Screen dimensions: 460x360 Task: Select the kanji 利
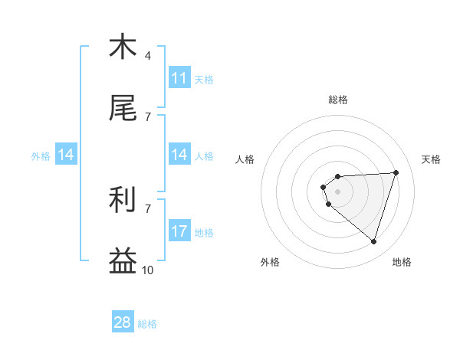(123, 200)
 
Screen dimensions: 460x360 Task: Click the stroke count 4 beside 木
(147, 55)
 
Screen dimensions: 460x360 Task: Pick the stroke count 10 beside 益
(147, 270)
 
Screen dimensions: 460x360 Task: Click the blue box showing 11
(179, 77)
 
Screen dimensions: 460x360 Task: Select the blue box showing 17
(179, 231)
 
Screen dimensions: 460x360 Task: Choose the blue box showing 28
(123, 322)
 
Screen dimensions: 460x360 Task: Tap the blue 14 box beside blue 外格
(66, 155)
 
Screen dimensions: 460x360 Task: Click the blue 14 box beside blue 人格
(179, 155)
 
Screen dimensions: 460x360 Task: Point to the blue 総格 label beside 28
(147, 324)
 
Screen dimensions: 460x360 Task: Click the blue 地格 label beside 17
(204, 232)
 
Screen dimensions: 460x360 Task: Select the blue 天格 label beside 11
(204, 79)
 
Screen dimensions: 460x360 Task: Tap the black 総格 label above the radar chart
(338, 100)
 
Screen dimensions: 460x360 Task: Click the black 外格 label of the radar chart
(270, 262)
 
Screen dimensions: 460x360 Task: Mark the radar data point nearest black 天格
(396, 172)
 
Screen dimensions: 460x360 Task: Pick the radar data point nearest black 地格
(373, 242)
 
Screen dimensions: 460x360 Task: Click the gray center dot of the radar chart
(337, 191)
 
